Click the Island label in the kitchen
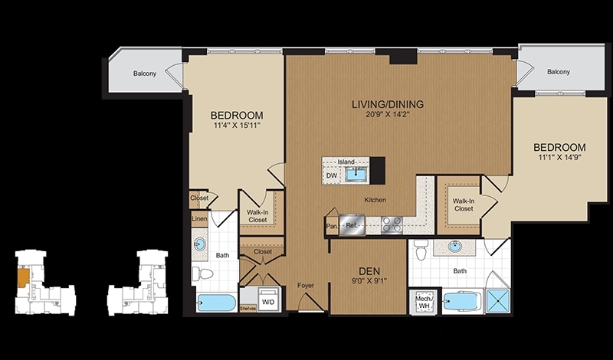coord(346,162)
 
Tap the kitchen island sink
coord(356,174)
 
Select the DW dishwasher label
coord(332,176)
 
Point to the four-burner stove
coord(392,224)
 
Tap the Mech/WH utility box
coord(424,301)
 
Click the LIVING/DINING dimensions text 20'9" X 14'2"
coord(388,115)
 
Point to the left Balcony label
coord(145,74)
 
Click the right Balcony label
coord(559,72)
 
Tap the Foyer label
coord(305,286)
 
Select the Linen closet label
coord(199,219)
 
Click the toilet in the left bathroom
coord(202,273)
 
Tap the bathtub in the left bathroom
coord(216,303)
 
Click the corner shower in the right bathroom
coord(498,301)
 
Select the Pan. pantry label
coord(332,226)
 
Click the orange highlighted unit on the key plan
coord(23,277)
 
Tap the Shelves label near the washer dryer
coord(247,309)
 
